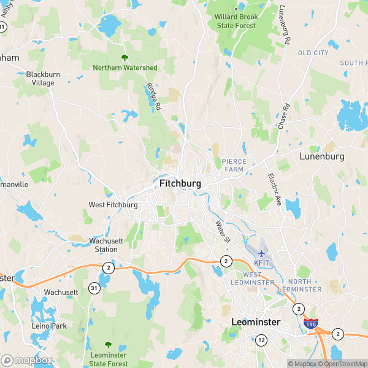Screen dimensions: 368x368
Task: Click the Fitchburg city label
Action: pos(180,183)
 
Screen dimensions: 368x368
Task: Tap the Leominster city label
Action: pos(256,321)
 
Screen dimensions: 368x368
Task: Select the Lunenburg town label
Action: pos(321,156)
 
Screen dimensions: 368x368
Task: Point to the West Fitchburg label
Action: pos(113,205)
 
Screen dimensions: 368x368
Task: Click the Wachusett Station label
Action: pos(103,245)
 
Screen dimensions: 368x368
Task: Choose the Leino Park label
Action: pos(49,326)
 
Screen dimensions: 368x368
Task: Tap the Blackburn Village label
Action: pos(44,79)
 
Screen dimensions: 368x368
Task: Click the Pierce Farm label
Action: pos(234,166)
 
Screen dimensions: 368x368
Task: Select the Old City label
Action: pos(313,53)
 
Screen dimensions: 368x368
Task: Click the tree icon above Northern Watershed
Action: pos(125,58)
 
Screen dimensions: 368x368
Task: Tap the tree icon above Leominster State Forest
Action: pos(109,345)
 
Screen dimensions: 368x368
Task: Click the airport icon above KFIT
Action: pos(262,253)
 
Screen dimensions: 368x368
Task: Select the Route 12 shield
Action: pos(262,340)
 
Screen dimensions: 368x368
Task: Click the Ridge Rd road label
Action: pos(153,97)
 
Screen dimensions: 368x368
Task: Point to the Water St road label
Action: pos(221,231)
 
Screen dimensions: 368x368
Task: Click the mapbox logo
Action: pos(27,361)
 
